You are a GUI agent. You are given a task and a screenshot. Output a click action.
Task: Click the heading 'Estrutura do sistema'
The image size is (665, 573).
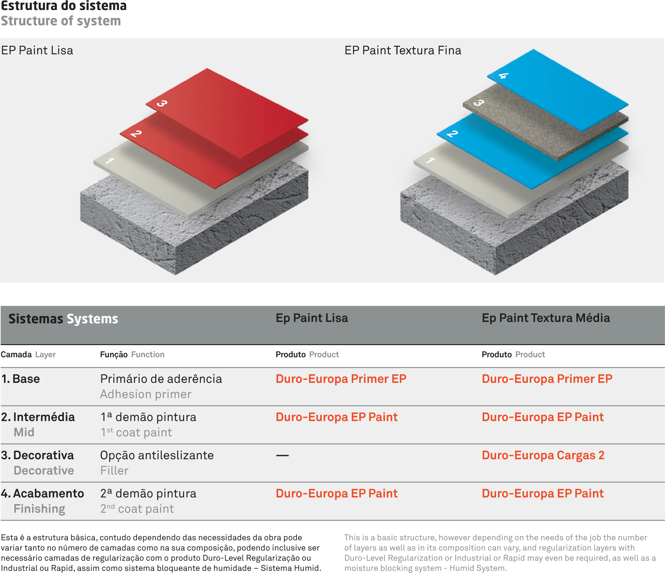64,6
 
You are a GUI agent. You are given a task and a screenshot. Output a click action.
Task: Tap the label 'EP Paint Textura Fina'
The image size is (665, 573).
403,50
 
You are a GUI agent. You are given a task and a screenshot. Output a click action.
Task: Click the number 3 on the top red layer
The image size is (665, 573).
162,103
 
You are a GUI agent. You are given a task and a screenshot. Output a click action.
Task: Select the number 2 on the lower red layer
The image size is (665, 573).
136,133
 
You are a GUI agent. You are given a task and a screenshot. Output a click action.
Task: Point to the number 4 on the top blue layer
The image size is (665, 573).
503,76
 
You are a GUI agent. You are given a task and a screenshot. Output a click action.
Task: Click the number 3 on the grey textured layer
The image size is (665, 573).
479,103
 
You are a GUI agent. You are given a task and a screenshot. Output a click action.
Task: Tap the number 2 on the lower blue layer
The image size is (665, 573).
452,133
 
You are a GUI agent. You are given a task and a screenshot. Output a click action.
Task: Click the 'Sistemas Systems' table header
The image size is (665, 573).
63,319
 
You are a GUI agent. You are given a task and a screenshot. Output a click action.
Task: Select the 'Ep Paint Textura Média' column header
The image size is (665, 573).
546,318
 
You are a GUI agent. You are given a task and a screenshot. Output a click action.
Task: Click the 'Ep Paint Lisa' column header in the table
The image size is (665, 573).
312,318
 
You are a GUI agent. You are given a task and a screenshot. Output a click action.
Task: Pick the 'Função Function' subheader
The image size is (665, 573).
132,354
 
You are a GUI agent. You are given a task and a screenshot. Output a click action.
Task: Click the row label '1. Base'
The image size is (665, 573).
20,379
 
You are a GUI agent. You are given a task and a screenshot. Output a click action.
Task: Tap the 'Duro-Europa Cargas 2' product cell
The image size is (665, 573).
543,455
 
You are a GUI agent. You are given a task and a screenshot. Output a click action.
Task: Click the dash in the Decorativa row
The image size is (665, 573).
282,455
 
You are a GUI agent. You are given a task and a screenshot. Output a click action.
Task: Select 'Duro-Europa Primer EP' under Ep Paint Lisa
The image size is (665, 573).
341,379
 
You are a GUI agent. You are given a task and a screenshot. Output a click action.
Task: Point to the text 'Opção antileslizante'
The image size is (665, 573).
157,456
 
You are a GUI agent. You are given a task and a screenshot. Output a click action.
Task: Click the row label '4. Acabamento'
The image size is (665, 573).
42,494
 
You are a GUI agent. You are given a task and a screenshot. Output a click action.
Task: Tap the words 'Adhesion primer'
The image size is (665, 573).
146,395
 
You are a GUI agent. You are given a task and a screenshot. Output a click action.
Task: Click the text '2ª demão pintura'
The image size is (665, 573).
148,494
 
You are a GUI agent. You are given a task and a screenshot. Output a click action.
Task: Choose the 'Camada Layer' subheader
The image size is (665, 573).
28,354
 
